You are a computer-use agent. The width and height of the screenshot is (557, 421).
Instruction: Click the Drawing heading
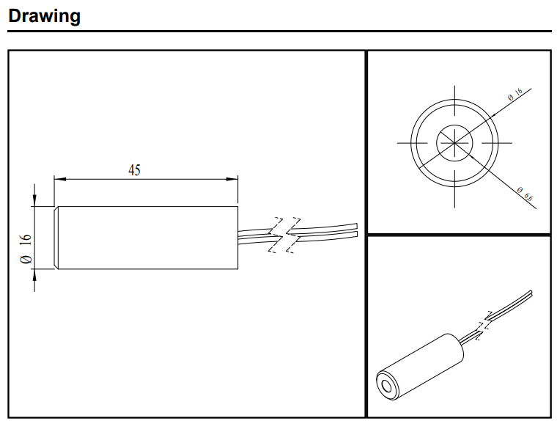(x=44, y=15)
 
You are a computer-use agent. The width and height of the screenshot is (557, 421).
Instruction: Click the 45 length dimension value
(x=134, y=170)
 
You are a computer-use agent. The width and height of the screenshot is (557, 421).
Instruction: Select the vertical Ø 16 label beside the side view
(x=26, y=249)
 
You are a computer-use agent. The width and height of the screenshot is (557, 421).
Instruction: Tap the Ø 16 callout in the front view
(x=514, y=95)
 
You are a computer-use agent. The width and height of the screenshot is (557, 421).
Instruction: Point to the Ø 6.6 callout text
(x=523, y=194)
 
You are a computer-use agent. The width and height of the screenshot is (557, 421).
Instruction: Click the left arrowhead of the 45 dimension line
(x=59, y=178)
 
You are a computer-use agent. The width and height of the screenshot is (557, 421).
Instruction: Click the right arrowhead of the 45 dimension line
(x=233, y=178)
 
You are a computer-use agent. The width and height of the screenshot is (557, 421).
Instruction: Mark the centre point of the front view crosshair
(x=455, y=142)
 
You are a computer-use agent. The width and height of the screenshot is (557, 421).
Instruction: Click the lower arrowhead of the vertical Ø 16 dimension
(x=34, y=274)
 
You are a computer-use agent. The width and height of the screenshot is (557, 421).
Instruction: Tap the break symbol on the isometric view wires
(x=485, y=323)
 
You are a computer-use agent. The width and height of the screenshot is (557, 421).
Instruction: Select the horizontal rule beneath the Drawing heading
(x=278, y=32)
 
